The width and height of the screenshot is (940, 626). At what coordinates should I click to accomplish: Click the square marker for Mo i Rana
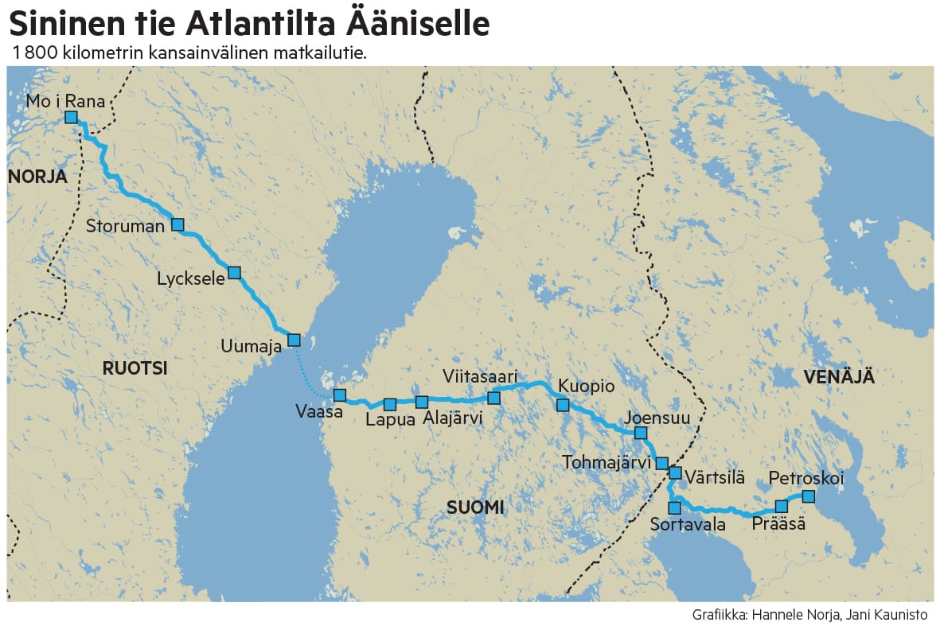tap(71, 117)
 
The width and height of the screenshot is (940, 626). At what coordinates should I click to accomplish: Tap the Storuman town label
tap(125, 226)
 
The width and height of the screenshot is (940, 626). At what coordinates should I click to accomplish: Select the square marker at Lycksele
tap(234, 272)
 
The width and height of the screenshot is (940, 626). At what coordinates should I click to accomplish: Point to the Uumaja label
tap(252, 345)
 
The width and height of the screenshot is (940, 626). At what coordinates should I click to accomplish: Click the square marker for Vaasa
tap(340, 395)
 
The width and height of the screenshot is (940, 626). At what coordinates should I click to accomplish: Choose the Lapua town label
tap(390, 421)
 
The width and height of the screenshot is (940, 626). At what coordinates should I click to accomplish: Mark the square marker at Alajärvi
tap(422, 402)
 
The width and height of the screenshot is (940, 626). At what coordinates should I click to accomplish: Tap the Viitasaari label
tap(481, 375)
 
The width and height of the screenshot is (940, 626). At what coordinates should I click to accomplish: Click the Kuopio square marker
tap(563, 405)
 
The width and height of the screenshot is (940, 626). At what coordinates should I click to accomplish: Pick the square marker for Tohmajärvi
tap(661, 463)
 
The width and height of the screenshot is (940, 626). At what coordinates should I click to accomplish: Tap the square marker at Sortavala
tap(674, 507)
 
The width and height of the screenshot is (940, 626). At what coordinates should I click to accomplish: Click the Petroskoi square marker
tap(808, 496)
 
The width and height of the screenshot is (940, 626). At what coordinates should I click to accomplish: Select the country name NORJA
tap(37, 177)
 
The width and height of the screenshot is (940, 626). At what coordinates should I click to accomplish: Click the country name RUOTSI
tap(135, 367)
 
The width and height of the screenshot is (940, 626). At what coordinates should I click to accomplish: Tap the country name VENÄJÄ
tap(839, 377)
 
